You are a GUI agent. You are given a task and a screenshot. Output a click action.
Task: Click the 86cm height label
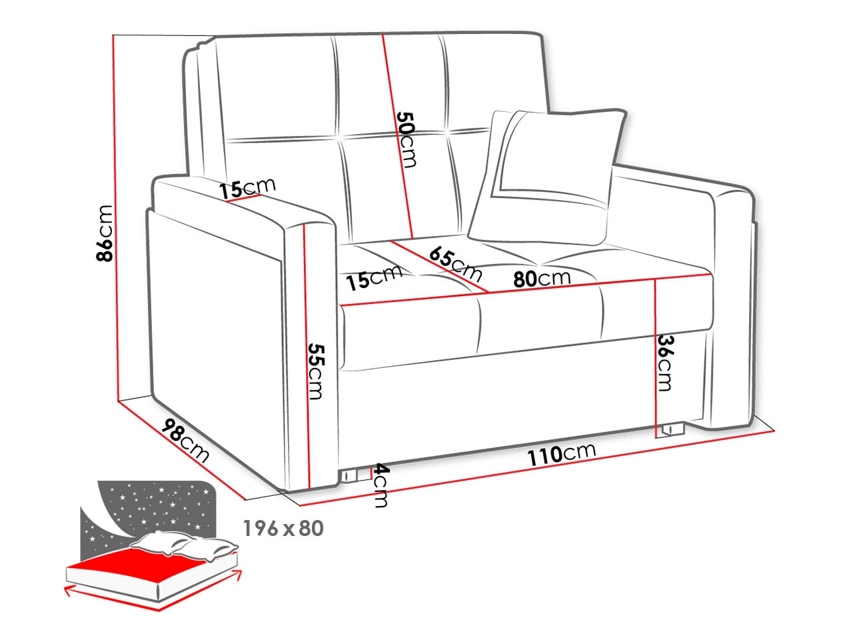pyautogui.click(x=104, y=233)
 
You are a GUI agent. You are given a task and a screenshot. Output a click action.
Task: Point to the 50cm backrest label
pyautogui.click(x=407, y=139)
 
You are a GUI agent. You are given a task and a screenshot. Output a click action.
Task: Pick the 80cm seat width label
pyautogui.click(x=542, y=278)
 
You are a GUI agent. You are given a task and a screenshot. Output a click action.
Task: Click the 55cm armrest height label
pyautogui.click(x=315, y=371)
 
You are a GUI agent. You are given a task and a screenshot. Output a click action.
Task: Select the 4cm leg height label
pyautogui.click(x=381, y=486)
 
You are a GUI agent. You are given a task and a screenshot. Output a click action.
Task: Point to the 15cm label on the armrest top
pyautogui.click(x=247, y=188)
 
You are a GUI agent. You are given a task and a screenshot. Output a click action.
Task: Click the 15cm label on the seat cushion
pyautogui.click(x=375, y=277)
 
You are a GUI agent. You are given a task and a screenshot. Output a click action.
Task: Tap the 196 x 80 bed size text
pyautogui.click(x=283, y=528)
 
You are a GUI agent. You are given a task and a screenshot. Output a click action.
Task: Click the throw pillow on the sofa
pyautogui.click(x=547, y=177)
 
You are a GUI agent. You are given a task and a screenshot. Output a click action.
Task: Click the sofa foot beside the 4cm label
pyautogui.click(x=350, y=475)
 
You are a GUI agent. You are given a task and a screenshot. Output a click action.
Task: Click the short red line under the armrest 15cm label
pyautogui.click(x=243, y=198)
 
